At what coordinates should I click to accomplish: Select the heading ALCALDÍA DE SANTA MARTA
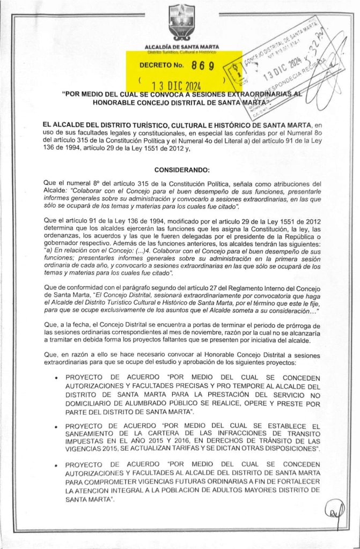point(180,48)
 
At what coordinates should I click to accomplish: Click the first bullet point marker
point(57,378)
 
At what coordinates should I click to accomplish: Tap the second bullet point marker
point(57,426)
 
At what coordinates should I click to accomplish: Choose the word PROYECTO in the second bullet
point(86,426)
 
